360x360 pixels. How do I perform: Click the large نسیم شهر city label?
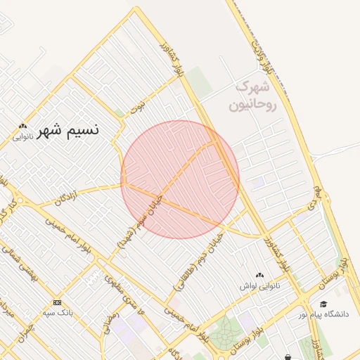point(69,130)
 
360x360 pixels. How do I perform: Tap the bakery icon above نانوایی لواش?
point(260,276)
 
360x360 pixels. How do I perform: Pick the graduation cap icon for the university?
point(323,304)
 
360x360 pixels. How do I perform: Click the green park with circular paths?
point(224,333)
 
